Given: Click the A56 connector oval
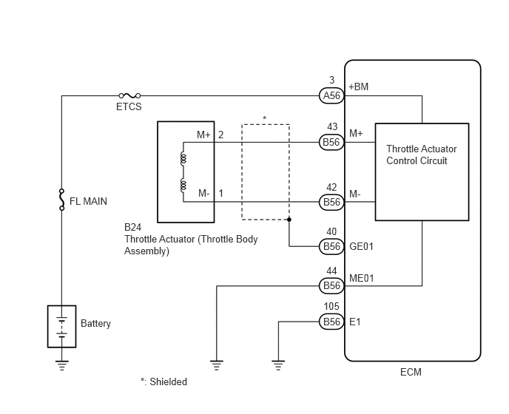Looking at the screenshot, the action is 331,95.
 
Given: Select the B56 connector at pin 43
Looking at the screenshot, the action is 331,142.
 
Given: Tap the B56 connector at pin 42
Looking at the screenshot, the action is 331,202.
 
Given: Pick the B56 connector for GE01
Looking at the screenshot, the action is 331,246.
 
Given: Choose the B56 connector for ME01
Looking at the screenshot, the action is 331,285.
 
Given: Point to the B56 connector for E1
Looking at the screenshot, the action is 331,322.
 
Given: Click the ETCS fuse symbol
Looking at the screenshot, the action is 129,95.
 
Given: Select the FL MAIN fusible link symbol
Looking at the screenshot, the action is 61,200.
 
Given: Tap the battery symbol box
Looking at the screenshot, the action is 61,327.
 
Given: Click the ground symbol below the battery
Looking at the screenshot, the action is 61,365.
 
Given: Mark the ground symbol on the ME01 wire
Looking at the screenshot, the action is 217,365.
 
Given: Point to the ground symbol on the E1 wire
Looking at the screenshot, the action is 278,365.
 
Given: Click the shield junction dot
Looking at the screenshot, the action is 289,220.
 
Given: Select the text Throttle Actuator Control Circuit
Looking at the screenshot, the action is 422,155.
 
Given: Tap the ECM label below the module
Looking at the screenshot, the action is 411,372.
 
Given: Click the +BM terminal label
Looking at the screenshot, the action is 358,86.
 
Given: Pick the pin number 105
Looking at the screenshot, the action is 331,306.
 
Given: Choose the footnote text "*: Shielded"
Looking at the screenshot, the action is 164,381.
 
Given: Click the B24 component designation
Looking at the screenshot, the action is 132,227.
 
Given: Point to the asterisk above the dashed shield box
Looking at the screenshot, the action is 265,118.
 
